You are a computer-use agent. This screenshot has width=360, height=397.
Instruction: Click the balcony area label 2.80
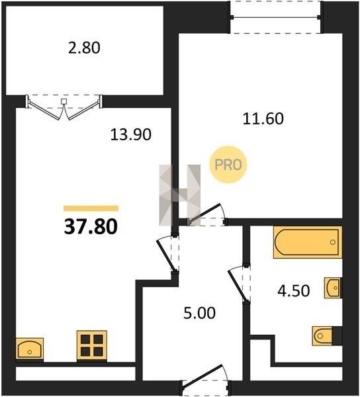pyautogui.click(x=84, y=48)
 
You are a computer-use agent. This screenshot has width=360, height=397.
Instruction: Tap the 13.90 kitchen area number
pyautogui.click(x=131, y=134)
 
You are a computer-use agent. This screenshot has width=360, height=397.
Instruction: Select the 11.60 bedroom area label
pyautogui.click(x=263, y=118)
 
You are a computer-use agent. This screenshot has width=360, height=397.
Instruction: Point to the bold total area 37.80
pyautogui.click(x=91, y=226)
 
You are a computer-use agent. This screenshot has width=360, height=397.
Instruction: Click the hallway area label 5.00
pyautogui.click(x=199, y=313)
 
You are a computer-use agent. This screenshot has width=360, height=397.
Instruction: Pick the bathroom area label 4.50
pyautogui.click(x=294, y=290)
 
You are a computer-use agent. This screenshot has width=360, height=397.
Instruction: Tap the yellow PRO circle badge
pyautogui.click(x=228, y=165)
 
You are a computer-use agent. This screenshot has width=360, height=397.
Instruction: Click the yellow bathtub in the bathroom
pyautogui.click(x=307, y=242)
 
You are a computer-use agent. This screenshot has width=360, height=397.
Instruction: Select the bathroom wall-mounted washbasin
pyautogui.click(x=333, y=288)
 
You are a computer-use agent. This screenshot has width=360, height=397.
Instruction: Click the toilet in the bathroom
pyautogui.click(x=327, y=335)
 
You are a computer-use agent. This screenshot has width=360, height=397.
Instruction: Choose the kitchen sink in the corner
pyautogui.click(x=30, y=349)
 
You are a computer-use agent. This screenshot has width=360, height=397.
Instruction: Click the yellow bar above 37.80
pyautogui.click(x=91, y=208)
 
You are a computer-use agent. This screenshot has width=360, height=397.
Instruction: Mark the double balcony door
pyautogui.click(x=64, y=107)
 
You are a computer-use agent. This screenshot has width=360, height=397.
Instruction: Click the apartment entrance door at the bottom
pyautogui.click(x=205, y=380)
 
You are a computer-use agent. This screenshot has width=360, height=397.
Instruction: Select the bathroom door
pyautogui.click(x=240, y=284)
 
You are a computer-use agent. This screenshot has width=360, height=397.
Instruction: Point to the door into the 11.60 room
pyautogui.click(x=207, y=215)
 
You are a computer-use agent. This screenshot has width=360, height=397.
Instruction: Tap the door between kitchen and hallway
pyautogui.click(x=168, y=254)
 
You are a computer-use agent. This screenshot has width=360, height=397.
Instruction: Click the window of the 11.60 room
pyautogui.click(x=276, y=17)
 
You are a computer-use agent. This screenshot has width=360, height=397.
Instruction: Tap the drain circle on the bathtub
pyautogui.click(x=333, y=242)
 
